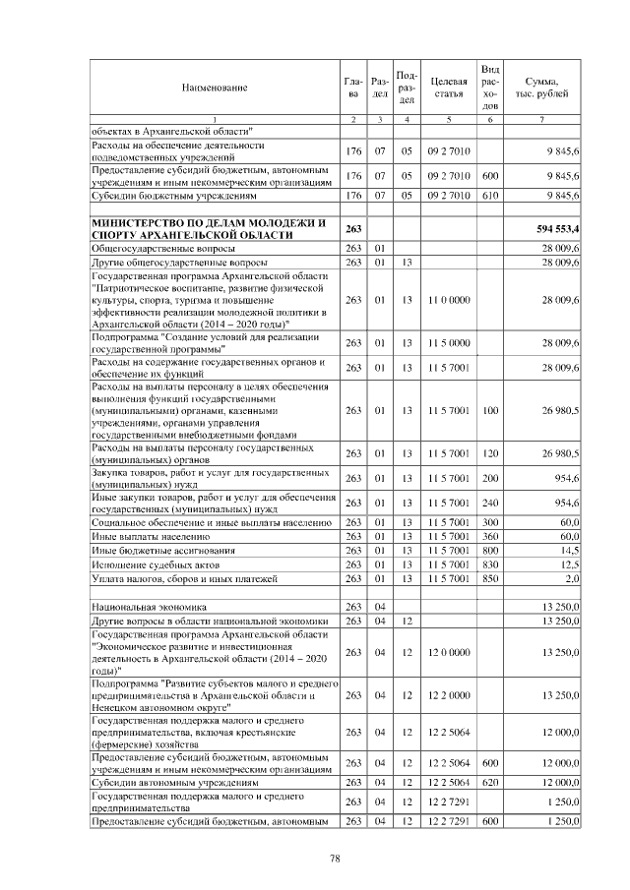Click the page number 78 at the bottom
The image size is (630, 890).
tap(335, 859)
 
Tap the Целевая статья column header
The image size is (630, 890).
tap(448, 89)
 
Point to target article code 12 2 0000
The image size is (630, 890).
tap(448, 694)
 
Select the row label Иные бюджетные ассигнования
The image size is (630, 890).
tap(149, 551)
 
